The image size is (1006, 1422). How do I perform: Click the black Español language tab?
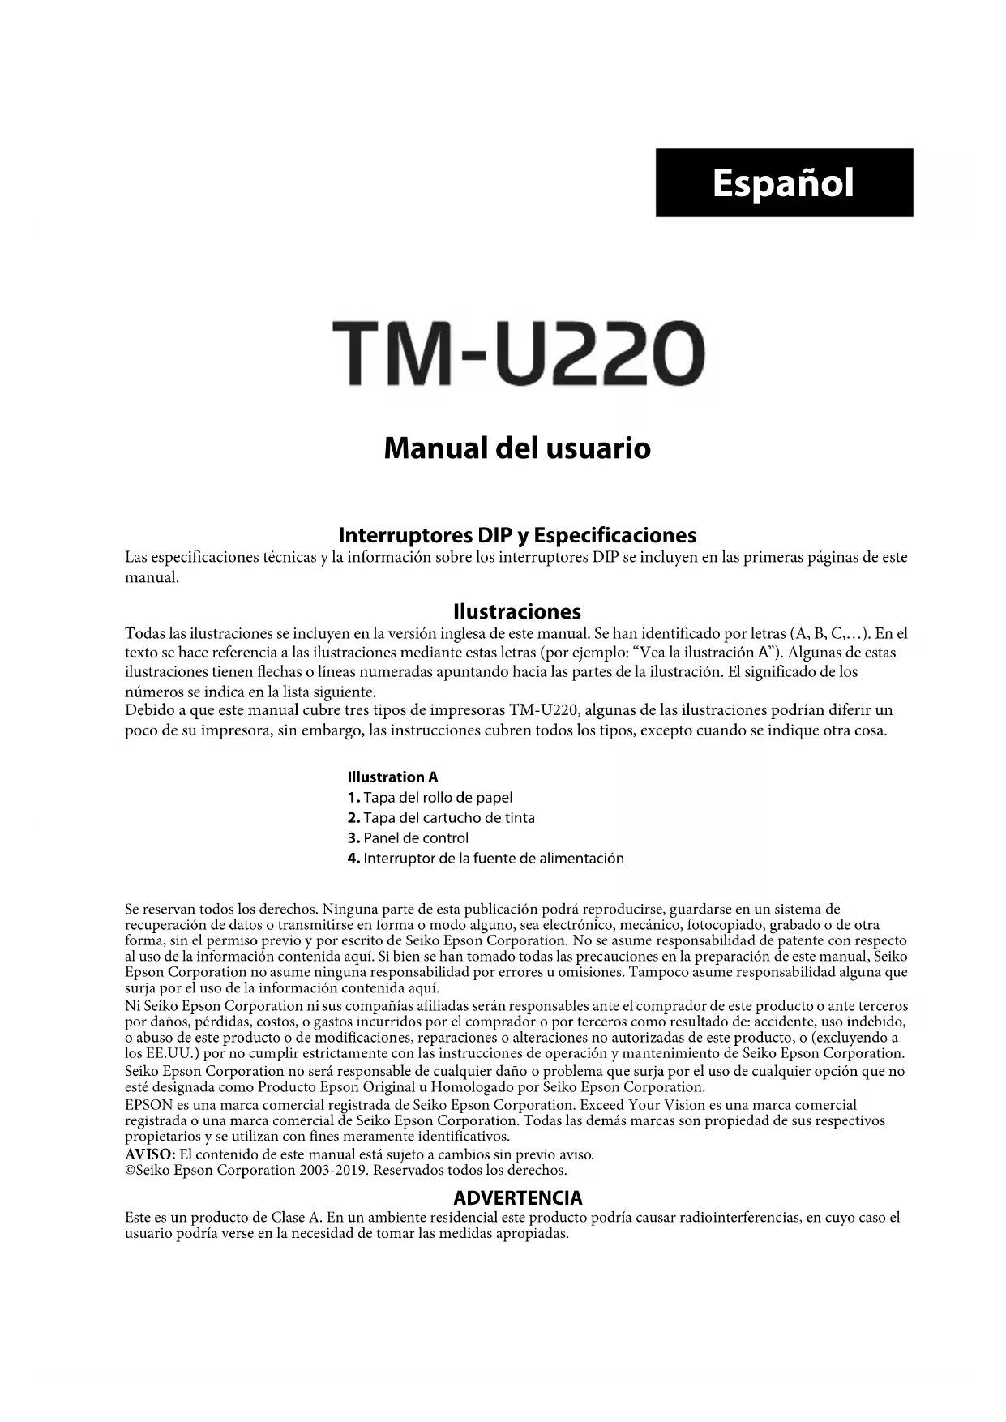(x=784, y=182)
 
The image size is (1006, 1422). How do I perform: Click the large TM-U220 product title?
(x=517, y=355)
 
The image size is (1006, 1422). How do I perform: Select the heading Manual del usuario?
(x=517, y=448)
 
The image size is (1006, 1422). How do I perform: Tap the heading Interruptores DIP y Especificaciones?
(x=517, y=535)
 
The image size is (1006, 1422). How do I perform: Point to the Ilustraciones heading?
(x=517, y=611)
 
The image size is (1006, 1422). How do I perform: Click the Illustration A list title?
(x=392, y=777)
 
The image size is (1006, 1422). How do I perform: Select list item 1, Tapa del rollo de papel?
(x=430, y=798)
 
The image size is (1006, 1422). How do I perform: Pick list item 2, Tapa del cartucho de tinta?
(x=441, y=818)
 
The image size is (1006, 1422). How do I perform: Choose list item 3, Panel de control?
(x=408, y=838)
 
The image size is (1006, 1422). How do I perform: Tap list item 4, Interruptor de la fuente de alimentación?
(x=485, y=859)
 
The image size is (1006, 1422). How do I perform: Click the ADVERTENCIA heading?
(x=517, y=1197)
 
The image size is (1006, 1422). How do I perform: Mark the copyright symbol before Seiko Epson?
(x=130, y=1171)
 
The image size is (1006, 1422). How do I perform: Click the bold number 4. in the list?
(x=353, y=859)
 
